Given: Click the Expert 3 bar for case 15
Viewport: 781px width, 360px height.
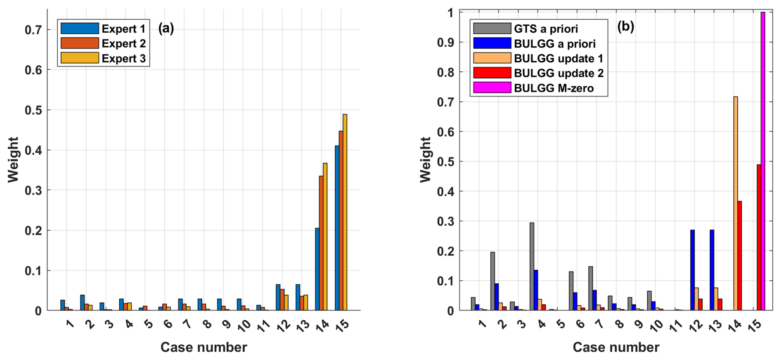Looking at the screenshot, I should [x=345, y=213].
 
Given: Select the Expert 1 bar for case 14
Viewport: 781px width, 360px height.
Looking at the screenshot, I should [x=317, y=269].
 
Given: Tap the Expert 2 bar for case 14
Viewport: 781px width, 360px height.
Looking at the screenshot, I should [x=321, y=243].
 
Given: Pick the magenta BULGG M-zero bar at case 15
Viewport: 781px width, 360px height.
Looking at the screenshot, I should [x=763, y=161].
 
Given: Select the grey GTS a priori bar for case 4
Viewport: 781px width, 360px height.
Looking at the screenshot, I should [x=532, y=267].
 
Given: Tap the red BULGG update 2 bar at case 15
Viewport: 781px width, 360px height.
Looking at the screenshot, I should [x=759, y=237].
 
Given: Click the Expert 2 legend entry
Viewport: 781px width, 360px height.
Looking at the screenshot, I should [x=123, y=43].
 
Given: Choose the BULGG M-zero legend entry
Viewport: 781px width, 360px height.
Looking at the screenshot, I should [x=554, y=88].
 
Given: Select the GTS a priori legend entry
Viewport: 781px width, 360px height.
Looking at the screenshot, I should [x=545, y=28].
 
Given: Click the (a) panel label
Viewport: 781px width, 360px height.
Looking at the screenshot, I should [x=166, y=28].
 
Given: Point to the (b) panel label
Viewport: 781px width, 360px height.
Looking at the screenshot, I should [x=625, y=26].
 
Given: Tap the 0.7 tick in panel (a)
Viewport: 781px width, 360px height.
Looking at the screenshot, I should [x=33, y=30].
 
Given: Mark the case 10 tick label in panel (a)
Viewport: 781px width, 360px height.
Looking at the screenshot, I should [x=244, y=326].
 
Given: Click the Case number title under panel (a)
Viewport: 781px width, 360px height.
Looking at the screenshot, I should [x=204, y=347].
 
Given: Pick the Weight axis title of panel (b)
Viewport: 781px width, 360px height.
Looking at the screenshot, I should [x=425, y=160].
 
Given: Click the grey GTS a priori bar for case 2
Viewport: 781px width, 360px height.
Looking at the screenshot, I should [x=492, y=281].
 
